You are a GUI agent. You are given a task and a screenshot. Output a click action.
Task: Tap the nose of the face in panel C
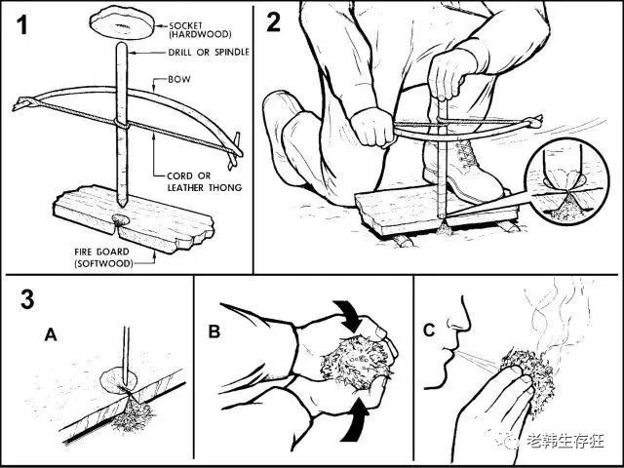pos(461,325)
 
